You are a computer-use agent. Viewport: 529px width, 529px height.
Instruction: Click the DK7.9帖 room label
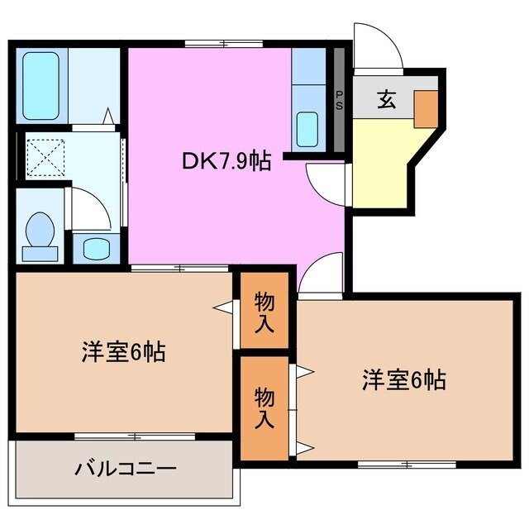(226, 162)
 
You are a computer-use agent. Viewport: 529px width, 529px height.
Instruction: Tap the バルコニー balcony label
(126, 470)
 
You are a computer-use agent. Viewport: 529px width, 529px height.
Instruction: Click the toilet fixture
(39, 234)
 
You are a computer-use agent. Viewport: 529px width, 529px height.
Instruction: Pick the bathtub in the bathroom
(40, 85)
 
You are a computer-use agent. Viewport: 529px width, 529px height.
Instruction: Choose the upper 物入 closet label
(264, 312)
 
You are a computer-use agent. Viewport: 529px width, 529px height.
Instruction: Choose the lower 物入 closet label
(264, 407)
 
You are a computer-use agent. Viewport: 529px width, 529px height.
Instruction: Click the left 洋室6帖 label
(124, 353)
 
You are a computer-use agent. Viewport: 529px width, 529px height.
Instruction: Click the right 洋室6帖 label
(403, 380)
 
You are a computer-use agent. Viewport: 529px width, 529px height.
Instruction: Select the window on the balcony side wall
(135, 435)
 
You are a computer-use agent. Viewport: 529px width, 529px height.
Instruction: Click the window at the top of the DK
(224, 43)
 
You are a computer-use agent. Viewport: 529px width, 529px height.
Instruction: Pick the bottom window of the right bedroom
(407, 465)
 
